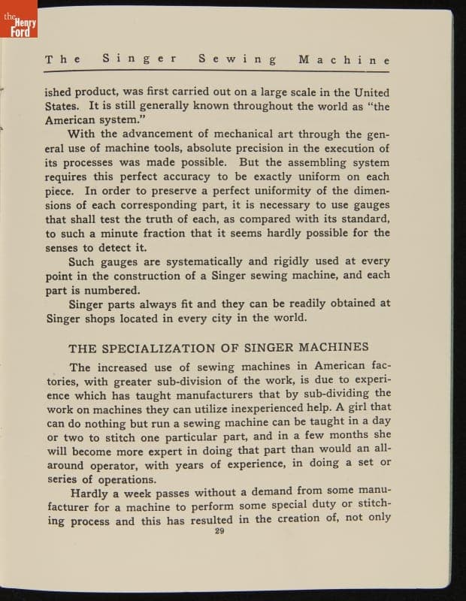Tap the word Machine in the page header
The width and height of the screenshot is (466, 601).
point(343,59)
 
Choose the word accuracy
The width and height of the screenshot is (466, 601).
point(181,177)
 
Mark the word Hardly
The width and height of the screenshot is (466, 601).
point(93,494)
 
